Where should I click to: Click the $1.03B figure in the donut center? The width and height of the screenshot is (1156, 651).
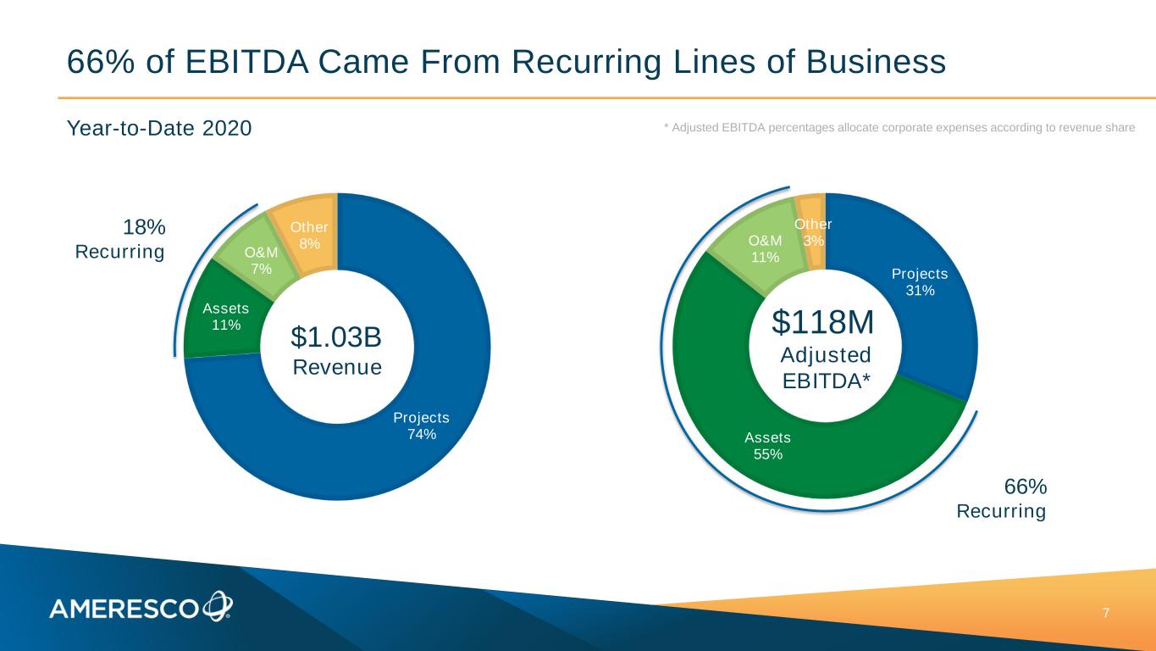click(x=336, y=337)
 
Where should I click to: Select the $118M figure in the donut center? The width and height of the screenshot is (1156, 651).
click(x=823, y=322)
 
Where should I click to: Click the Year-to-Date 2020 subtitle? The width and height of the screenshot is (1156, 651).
click(x=159, y=129)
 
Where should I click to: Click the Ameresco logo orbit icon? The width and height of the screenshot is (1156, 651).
click(x=217, y=605)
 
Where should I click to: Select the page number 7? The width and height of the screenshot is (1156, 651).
click(x=1106, y=613)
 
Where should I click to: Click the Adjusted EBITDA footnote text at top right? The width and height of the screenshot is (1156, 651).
click(x=899, y=127)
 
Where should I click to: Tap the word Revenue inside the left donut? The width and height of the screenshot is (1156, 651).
click(x=336, y=367)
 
